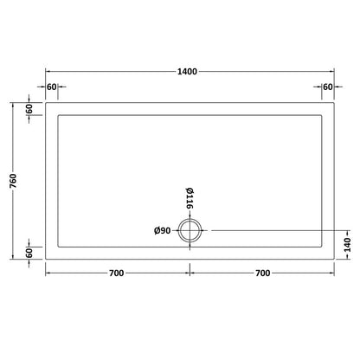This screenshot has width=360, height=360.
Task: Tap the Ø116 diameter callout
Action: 189,199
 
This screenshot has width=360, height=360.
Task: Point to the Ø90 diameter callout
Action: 162,230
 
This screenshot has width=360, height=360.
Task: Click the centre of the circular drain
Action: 190,230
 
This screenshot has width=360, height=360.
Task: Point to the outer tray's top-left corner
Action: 45,102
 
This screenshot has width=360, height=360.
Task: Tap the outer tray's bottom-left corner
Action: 45,259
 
